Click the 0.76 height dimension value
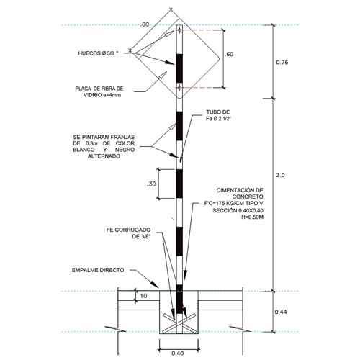coord(282,63)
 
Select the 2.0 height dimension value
coord(280,175)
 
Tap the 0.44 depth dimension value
coord(281,312)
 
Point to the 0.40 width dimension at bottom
coord(178,354)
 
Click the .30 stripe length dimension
coord(151,184)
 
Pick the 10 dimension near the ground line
coord(143,296)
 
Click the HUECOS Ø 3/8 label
coord(98,53)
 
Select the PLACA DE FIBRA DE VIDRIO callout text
coord(99,91)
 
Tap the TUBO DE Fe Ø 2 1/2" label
coord(218,115)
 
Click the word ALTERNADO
coord(104,156)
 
